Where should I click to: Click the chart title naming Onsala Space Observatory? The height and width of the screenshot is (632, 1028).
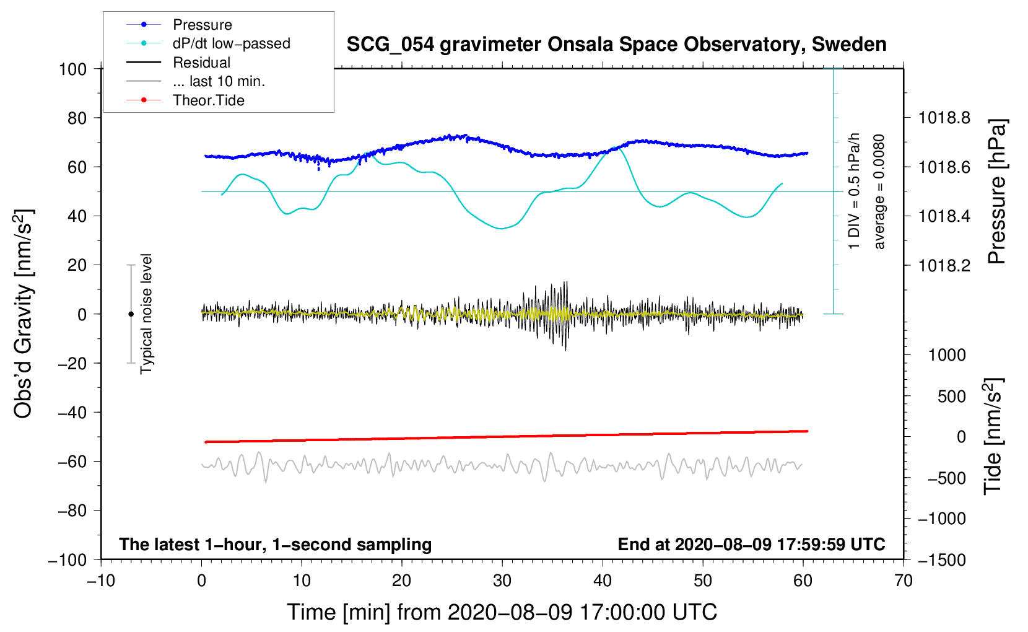pyautogui.click(x=616, y=45)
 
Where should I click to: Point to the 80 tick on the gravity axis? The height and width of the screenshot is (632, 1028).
pyautogui.click(x=77, y=118)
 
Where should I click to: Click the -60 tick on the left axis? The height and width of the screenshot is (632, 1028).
pyautogui.click(x=72, y=462)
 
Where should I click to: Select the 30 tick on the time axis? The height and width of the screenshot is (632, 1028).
pyautogui.click(x=502, y=581)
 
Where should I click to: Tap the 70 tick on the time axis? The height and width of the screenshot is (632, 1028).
pyautogui.click(x=903, y=581)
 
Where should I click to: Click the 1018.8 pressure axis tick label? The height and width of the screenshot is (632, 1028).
pyautogui.click(x=944, y=118)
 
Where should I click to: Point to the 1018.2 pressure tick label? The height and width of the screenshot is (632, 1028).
pyautogui.click(x=944, y=265)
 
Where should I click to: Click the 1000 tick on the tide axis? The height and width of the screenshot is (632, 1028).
pyautogui.click(x=946, y=354)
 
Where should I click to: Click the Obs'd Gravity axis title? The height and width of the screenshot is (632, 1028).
pyautogui.click(x=23, y=314)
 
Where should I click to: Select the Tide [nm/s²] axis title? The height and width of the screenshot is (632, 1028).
pyautogui.click(x=994, y=436)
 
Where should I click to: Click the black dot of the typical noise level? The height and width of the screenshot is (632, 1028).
pyautogui.click(x=131, y=314)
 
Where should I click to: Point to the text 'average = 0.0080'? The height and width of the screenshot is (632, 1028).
pyautogui.click(x=879, y=191)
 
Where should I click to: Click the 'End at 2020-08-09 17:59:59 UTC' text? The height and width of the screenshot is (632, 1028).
pyautogui.click(x=751, y=544)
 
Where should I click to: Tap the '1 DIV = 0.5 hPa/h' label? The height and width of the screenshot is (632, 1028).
pyautogui.click(x=853, y=191)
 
